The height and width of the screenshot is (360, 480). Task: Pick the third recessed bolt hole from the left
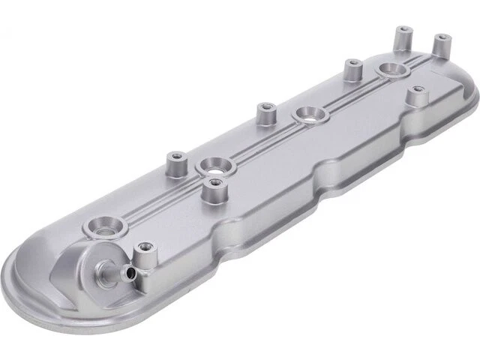click(307, 115)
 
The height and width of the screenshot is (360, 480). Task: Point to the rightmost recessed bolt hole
click(392, 70)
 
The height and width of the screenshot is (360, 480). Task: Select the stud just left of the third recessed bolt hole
click(264, 114)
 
